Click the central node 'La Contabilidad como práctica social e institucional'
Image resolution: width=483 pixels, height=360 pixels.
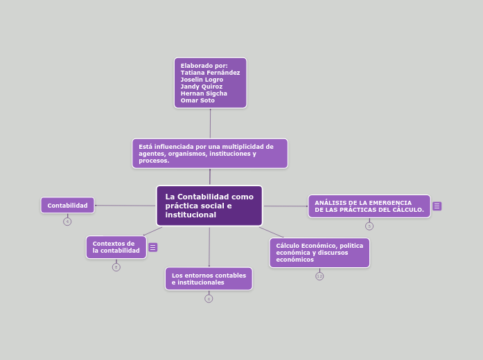(209, 206)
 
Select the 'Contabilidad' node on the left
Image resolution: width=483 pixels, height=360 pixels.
(67, 205)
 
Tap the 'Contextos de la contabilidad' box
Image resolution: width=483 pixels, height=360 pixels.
(116, 247)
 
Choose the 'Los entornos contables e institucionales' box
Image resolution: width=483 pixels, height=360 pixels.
(209, 279)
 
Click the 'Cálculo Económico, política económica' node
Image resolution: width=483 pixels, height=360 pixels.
(319, 253)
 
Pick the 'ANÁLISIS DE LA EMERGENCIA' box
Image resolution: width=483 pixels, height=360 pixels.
(369, 206)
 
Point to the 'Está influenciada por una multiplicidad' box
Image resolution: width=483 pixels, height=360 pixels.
(209, 154)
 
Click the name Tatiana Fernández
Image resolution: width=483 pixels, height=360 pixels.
(210, 73)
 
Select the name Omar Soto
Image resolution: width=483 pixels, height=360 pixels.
(197, 100)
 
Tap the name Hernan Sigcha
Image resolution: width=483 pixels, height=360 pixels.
(204, 93)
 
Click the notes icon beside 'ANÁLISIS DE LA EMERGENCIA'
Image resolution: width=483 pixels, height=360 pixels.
(437, 206)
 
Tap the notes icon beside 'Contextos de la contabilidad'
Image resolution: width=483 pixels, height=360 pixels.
(153, 247)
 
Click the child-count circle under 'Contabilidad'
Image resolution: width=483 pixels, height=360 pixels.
(67, 222)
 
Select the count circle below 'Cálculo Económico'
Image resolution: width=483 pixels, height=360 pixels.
(319, 276)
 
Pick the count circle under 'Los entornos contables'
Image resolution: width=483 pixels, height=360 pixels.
(209, 298)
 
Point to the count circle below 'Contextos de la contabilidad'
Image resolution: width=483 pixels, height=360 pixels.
(116, 267)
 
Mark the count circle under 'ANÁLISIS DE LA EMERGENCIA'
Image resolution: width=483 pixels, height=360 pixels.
(369, 226)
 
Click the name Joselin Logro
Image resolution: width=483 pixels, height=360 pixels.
(202, 80)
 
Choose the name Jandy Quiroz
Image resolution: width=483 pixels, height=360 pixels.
(202, 87)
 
